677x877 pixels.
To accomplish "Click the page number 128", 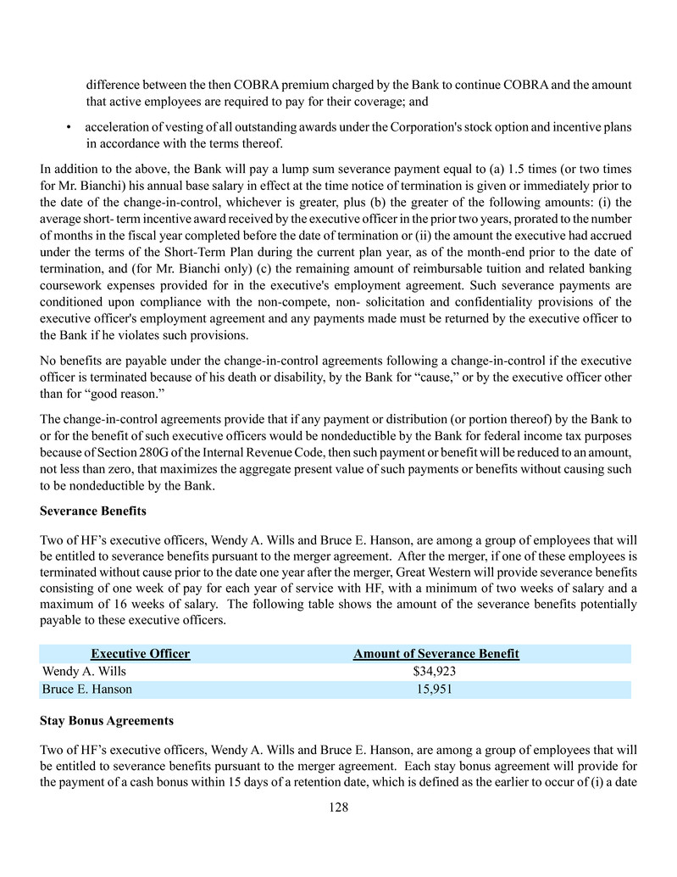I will [338, 807].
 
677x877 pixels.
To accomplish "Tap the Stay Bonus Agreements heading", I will [107, 720].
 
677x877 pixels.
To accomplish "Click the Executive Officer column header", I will [141, 653].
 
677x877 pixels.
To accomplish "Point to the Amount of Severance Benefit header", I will [436, 653].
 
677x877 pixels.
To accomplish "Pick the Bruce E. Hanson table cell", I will [87, 689].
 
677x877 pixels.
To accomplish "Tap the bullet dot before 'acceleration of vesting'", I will [67, 128].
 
